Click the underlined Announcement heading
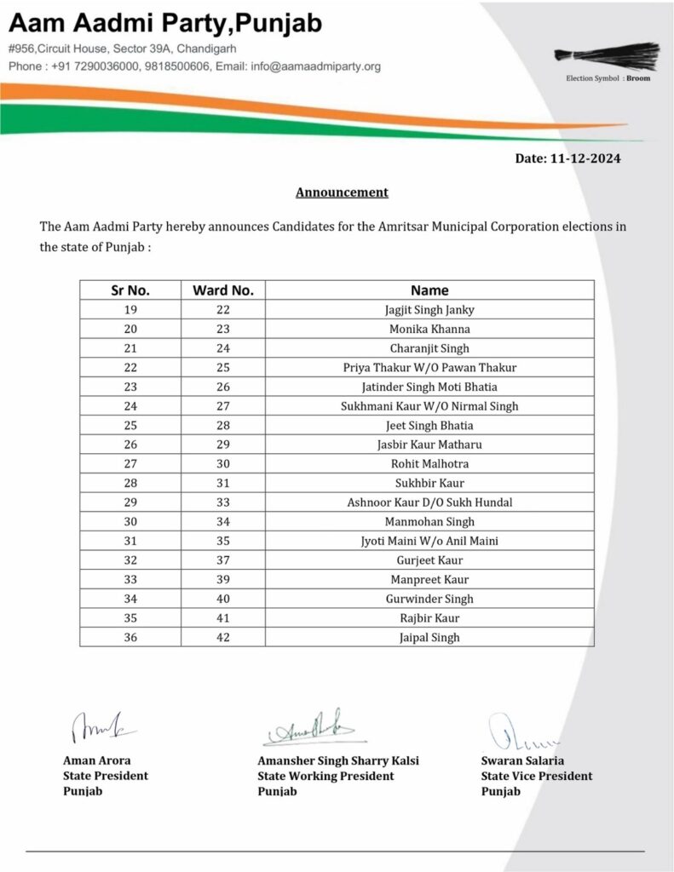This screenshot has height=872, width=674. click(x=342, y=192)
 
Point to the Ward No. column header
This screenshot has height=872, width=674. click(x=223, y=290)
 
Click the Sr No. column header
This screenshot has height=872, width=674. click(x=130, y=290)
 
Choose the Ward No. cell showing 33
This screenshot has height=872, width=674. click(x=223, y=502)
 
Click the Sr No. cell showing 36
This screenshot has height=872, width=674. click(x=130, y=637)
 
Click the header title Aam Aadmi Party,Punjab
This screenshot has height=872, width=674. click(x=166, y=24)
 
